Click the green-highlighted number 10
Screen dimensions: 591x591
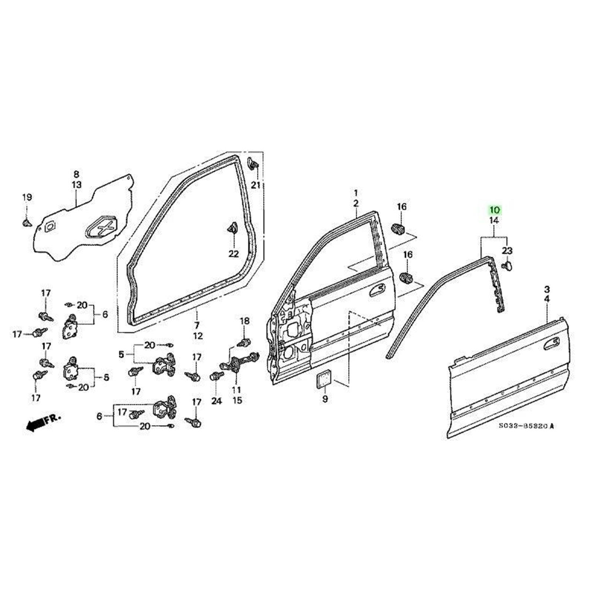[494, 210]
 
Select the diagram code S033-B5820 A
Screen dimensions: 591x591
[526, 426]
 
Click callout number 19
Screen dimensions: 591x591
[27, 197]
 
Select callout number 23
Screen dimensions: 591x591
[507, 251]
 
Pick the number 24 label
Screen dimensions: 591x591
[216, 400]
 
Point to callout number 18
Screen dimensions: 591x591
[245, 321]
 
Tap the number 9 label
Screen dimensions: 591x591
[325, 399]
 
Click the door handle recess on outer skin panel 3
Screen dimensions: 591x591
[551, 344]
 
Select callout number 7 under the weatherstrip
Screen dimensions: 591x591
[197, 325]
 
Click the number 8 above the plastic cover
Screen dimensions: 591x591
[76, 174]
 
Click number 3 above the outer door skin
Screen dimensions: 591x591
[547, 289]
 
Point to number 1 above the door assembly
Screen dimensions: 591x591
[356, 193]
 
